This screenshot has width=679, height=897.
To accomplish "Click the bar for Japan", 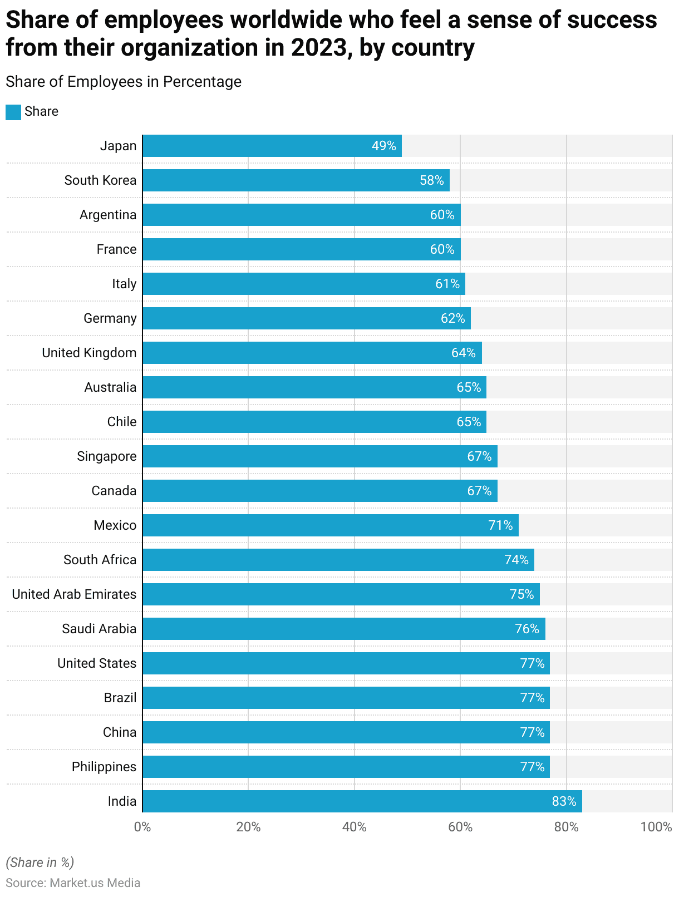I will tap(272, 146).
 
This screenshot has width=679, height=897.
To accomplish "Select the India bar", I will tap(362, 801).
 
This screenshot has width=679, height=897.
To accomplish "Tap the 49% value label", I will tap(384, 146).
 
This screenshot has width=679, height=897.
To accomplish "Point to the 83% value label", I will tap(564, 801).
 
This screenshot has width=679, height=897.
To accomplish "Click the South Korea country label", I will tap(100, 180).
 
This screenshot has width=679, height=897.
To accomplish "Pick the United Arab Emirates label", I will tap(74, 594).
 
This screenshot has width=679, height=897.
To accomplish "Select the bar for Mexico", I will tap(330, 525).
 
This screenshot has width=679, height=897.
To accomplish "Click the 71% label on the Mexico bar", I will tap(500, 525).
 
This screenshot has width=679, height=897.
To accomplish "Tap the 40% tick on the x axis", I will tap(355, 827).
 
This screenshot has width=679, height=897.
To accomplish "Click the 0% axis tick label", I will tap(142, 827).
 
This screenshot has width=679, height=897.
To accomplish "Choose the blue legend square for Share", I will tap(13, 112).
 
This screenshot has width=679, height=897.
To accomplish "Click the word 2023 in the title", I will tap(319, 48).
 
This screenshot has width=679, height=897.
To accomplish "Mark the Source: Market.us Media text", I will tap(73, 883).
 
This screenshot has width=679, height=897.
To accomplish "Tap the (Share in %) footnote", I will tap(40, 862).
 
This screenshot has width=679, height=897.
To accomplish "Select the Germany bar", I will tap(306, 318).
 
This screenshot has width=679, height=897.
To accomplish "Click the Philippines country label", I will tap(104, 767).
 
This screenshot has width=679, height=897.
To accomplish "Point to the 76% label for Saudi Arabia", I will tap(527, 629).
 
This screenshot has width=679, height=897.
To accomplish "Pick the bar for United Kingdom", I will tap(312, 353).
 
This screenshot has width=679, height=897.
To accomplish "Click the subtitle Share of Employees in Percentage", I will tap(124, 82).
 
